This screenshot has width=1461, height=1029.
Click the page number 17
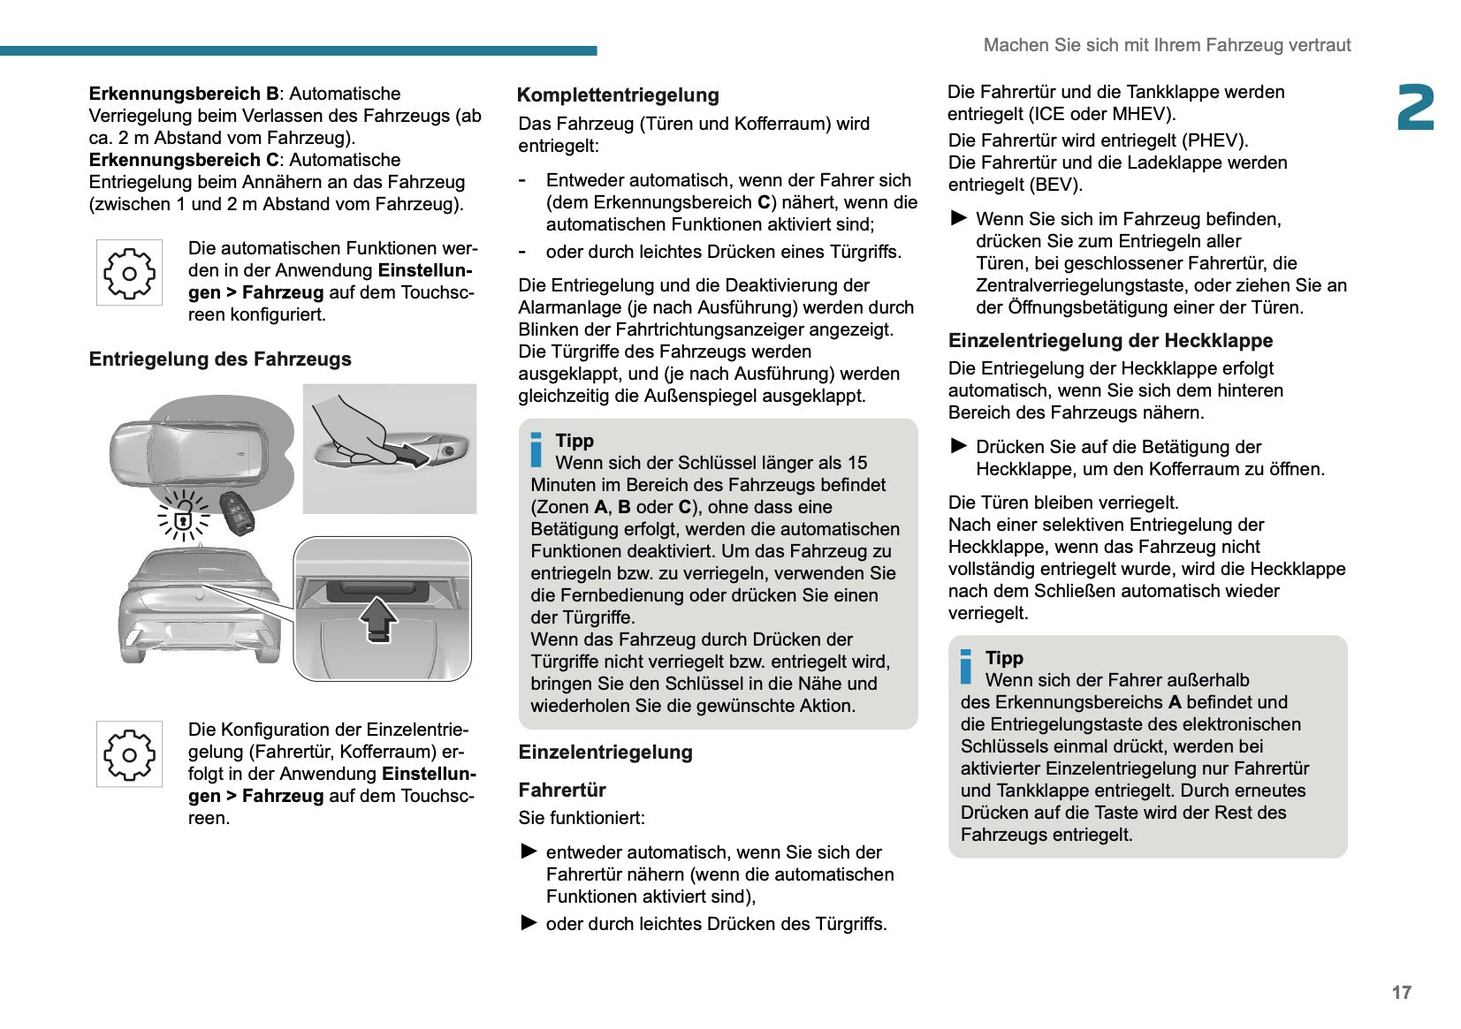tap(1401, 993)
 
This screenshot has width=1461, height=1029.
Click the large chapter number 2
tap(1415, 108)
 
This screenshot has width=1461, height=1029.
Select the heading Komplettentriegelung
tap(618, 95)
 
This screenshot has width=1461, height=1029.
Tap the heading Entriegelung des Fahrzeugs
tap(220, 359)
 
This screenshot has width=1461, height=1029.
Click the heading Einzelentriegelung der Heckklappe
tap(1110, 341)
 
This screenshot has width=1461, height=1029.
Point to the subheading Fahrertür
tap(562, 790)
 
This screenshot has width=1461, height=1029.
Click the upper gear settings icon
tap(129, 273)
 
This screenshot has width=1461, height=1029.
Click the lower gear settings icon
tap(129, 754)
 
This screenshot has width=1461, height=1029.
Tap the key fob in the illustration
tap(237, 512)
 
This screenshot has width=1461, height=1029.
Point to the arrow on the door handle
tap(410, 456)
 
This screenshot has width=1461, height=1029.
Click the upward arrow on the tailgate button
tap(379, 619)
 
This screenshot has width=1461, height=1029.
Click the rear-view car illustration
tap(199, 606)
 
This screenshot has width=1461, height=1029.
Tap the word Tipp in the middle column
tap(575, 441)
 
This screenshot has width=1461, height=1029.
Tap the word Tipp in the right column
tap(1004, 658)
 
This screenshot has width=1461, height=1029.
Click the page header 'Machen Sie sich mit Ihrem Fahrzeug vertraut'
tap(1167, 45)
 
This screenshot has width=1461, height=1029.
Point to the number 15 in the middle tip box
tap(857, 463)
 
